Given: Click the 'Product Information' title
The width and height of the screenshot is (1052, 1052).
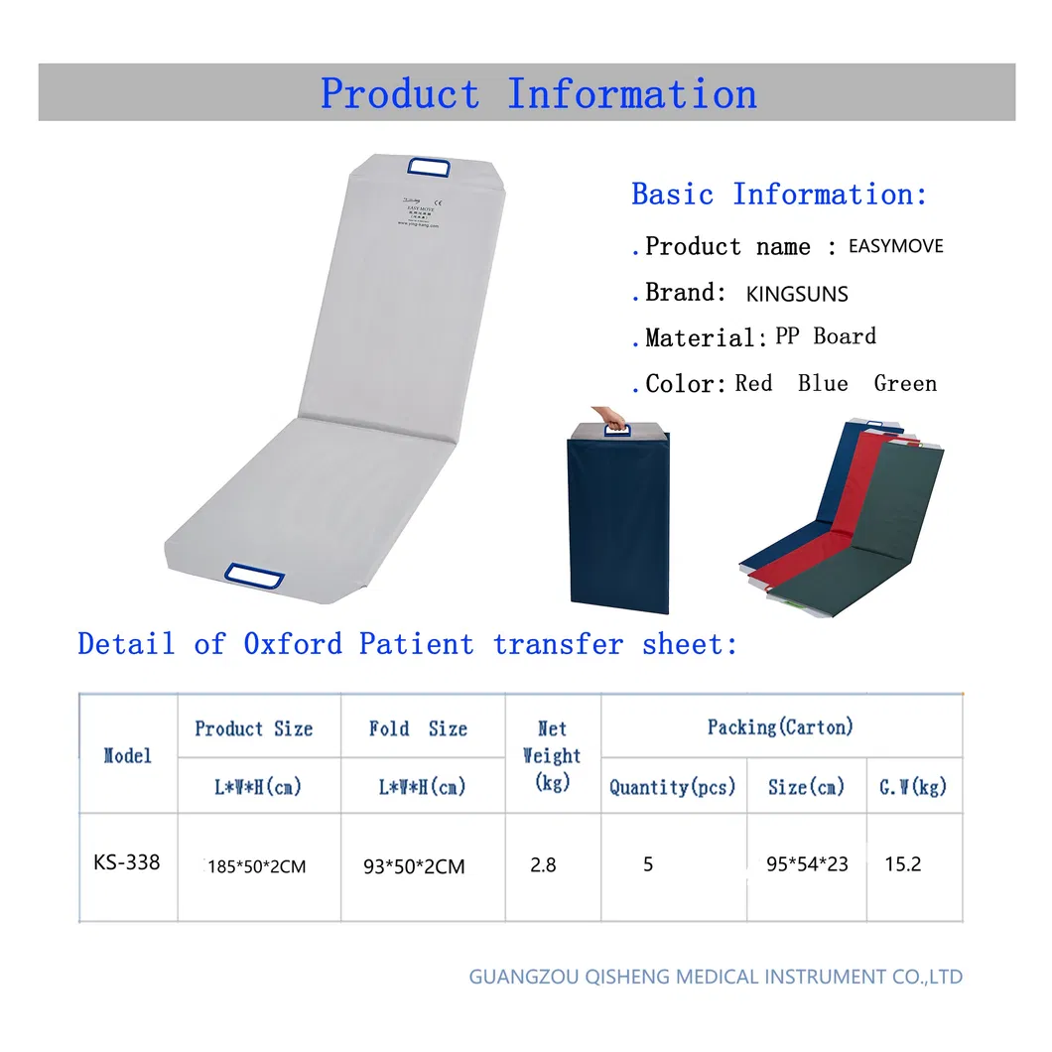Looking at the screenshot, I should point(538,93).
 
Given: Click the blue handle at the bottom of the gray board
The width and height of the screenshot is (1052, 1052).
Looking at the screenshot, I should point(253,574).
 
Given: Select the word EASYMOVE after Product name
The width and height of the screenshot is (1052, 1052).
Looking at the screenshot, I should point(895,246).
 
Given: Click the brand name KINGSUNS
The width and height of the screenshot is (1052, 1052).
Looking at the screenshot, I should point(797,294).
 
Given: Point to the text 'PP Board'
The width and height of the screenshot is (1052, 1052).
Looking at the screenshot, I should point(826,336).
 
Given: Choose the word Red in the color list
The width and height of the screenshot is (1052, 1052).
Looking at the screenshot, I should point(753,383).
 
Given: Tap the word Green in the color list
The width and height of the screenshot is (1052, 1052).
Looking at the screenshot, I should point(905,383).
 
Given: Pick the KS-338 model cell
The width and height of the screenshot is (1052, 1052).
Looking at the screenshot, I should point(126,862).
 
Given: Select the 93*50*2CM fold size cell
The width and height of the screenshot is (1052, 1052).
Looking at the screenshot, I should point(414,866).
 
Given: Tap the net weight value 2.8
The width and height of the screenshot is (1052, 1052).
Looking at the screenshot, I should point(543,865).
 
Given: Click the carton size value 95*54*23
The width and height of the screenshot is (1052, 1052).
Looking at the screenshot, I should point(807,864).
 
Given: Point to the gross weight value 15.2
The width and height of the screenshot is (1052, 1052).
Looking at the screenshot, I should point(903,864).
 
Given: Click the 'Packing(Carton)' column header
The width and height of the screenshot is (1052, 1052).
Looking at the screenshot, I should point(780,727).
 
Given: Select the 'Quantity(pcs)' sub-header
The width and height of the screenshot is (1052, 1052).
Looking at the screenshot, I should point(673,788).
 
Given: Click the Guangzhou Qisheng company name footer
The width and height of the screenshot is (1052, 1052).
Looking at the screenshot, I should point(716,977).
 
